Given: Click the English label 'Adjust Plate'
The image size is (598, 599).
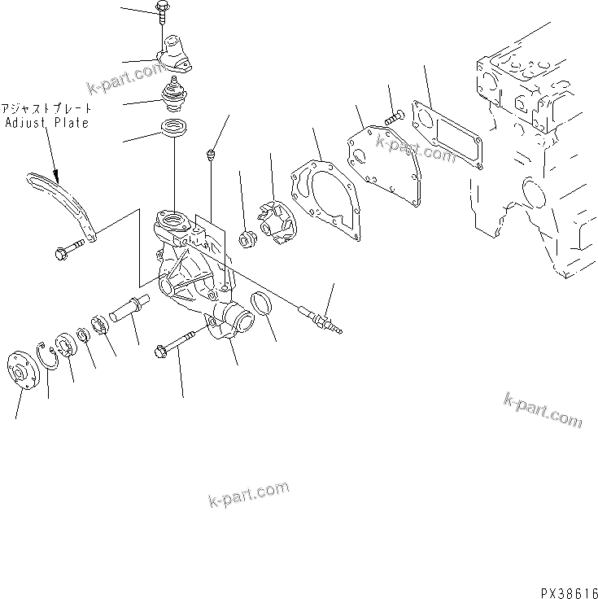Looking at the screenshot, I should coord(46,123).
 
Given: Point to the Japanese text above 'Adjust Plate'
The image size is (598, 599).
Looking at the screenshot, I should coord(46,109).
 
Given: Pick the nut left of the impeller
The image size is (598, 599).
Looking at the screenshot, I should coord(247,238).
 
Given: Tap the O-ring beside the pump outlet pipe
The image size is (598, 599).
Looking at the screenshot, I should coord(262,304).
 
